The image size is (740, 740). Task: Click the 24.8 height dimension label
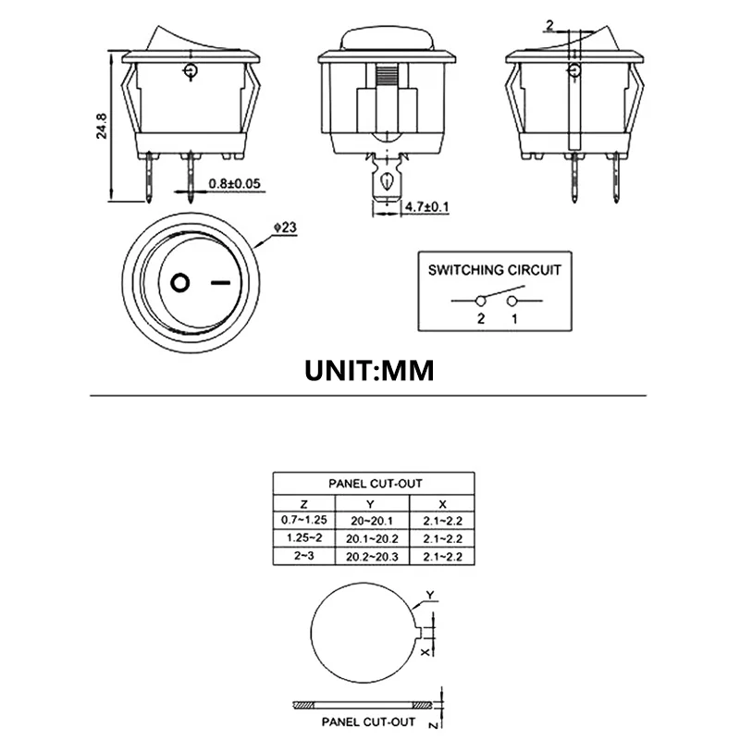[x=102, y=125]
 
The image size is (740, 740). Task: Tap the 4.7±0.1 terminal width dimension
[x=425, y=206]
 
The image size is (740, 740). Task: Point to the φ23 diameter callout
[x=285, y=225]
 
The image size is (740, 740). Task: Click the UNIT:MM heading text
[x=369, y=370]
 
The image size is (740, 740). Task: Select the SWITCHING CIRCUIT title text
[x=494, y=270]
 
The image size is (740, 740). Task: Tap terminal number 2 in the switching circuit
[x=480, y=318]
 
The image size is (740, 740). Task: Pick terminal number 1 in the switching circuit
[x=513, y=318]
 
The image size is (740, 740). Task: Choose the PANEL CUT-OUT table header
[x=374, y=483]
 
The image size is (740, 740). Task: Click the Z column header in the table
[x=303, y=503]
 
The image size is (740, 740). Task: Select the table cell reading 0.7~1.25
[x=303, y=520]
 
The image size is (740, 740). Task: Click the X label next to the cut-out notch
[x=427, y=651]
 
